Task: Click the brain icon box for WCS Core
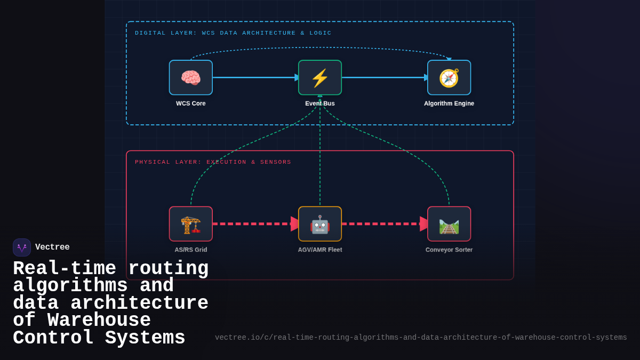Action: (191, 78)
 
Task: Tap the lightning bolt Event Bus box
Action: (320, 78)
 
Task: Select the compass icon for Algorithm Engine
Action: (449, 78)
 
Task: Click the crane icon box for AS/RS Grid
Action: (191, 224)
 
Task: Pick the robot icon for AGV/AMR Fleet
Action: (320, 224)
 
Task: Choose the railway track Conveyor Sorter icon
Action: (449, 224)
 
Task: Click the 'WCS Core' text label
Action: (191, 103)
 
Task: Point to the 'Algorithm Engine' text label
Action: (449, 103)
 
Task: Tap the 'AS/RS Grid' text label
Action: (191, 250)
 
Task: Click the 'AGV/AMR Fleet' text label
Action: (320, 250)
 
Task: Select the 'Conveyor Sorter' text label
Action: (449, 250)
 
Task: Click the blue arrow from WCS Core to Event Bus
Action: (255, 77)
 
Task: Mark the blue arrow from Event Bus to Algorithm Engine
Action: (384, 77)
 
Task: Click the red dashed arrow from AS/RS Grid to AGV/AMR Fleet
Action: (255, 224)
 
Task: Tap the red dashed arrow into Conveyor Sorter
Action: (384, 224)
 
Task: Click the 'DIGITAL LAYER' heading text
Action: (233, 33)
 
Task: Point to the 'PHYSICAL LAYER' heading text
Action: (213, 162)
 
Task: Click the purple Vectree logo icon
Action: (22, 247)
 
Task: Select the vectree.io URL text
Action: (421, 338)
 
